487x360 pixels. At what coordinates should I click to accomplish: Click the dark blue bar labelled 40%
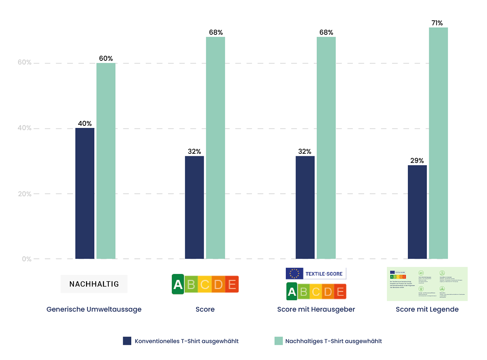tap(85, 193)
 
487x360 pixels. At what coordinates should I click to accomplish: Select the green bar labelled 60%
tap(106, 161)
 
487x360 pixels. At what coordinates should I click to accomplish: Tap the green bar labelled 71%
tap(438, 143)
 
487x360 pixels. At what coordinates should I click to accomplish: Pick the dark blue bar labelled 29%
tap(417, 212)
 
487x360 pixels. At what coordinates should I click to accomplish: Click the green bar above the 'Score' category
tap(215, 148)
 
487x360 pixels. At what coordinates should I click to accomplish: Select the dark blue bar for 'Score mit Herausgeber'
tap(305, 207)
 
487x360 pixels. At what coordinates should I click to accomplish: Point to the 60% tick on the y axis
tap(24, 63)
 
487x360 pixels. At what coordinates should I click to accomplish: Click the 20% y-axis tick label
tap(24, 194)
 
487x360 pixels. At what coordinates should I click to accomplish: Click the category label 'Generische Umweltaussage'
tap(94, 309)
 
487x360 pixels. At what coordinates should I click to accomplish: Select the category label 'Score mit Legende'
tap(427, 309)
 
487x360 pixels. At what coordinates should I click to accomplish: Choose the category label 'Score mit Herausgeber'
tap(316, 309)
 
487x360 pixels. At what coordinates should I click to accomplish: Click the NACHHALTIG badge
tap(94, 284)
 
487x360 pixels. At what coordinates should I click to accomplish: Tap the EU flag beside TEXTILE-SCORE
tap(294, 274)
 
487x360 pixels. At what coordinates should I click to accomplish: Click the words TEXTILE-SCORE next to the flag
tap(323, 274)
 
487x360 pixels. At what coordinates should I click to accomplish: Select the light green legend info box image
tap(427, 284)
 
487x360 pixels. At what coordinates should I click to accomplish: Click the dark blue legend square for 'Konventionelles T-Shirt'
tap(127, 341)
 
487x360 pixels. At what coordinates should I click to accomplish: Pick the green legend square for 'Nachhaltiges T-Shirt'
tap(278, 341)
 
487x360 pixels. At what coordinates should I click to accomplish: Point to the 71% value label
tap(437, 23)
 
